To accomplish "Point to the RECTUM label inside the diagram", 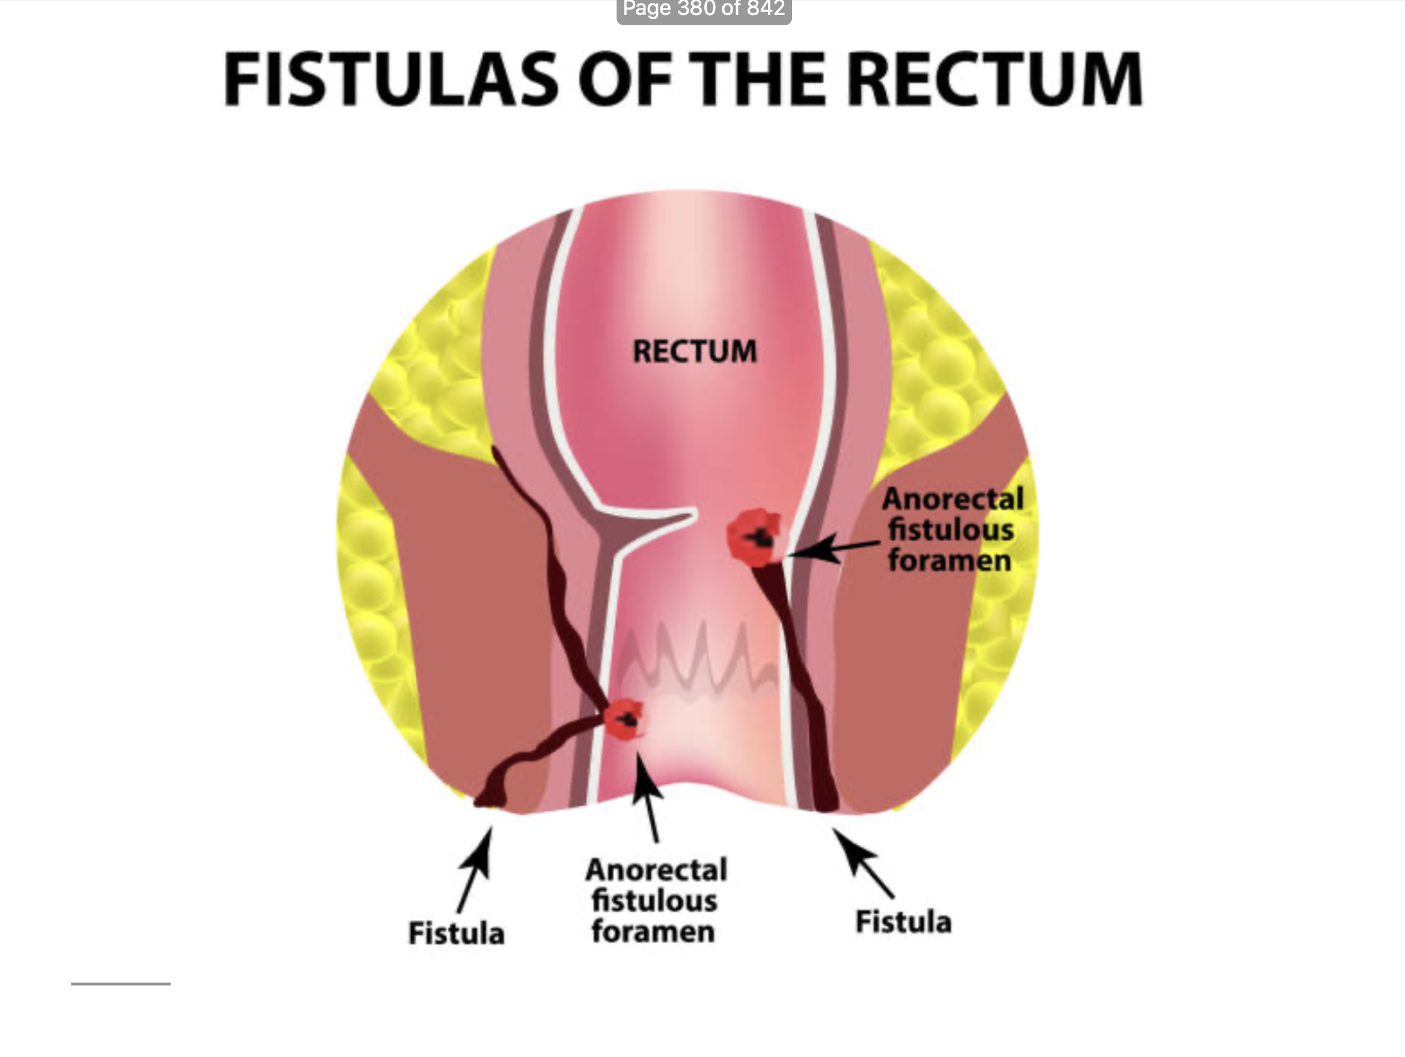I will point(695,351).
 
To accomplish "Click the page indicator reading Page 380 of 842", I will point(704,10).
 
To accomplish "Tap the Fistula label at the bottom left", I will point(456,933).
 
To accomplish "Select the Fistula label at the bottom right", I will point(903,922).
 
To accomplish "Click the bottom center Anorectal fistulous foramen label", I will point(655,901).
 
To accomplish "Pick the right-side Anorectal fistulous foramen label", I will point(952,530).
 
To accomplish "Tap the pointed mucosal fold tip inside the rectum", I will point(689,514).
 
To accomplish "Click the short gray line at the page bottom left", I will point(121,984).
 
